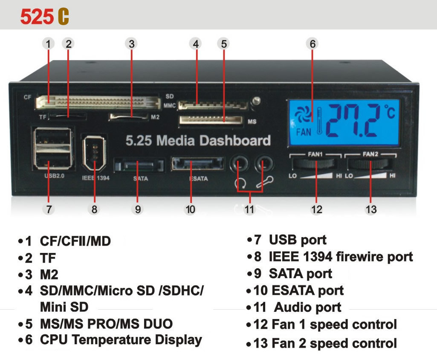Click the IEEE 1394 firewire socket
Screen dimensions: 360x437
(94, 153)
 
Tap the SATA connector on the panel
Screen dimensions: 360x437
(139, 165)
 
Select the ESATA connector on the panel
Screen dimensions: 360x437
(197, 164)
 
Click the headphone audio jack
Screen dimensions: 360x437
(239, 164)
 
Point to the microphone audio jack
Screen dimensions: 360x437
(264, 164)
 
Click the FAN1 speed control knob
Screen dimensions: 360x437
(315, 164)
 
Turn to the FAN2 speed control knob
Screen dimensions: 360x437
(369, 165)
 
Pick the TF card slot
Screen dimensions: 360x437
(68, 116)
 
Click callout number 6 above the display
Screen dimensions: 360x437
(313, 44)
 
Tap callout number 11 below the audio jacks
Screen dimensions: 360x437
(249, 209)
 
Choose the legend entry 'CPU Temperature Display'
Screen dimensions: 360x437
(121, 340)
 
